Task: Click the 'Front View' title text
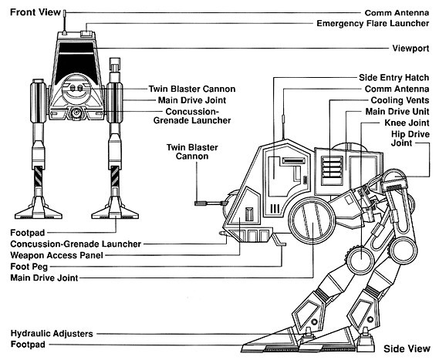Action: click(x=35, y=12)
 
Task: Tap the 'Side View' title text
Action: click(x=407, y=348)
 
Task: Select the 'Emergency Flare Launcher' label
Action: click(x=373, y=23)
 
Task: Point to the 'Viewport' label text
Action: click(x=410, y=48)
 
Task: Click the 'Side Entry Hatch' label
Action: click(x=394, y=78)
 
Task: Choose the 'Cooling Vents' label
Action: click(x=400, y=100)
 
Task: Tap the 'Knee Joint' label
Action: click(x=407, y=123)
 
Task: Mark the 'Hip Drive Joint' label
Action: click(x=410, y=139)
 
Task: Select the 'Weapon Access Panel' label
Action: click(x=56, y=255)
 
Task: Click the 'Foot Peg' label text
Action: click(x=29, y=267)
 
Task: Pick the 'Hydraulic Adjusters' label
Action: click(x=52, y=334)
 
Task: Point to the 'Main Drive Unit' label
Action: click(x=397, y=112)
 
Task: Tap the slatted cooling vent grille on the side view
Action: click(x=332, y=170)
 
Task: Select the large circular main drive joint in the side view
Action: click(x=312, y=220)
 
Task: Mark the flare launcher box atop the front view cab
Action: click(x=87, y=34)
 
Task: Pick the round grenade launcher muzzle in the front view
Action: click(x=76, y=113)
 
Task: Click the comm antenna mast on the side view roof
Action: click(x=283, y=126)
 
